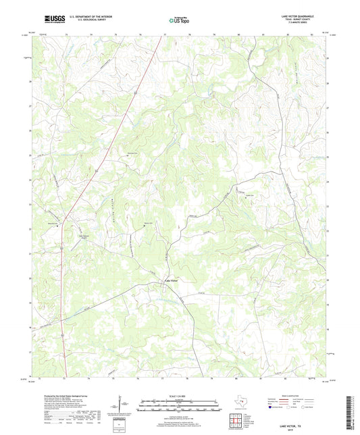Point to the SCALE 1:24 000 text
coord(180,395)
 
